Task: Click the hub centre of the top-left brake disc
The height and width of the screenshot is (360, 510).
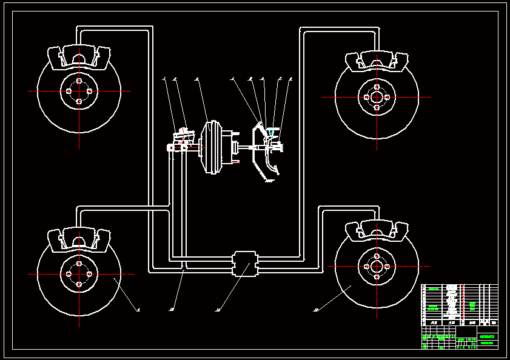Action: point(79,91)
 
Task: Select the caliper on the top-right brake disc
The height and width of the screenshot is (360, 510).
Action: point(376,61)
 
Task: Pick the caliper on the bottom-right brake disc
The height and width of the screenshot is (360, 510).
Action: point(376,230)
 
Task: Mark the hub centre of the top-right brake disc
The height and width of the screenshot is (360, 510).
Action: point(377,97)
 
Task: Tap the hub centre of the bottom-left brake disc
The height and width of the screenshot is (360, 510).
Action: point(79,274)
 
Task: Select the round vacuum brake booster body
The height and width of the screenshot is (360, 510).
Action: point(210,148)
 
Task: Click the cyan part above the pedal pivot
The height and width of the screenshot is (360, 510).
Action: point(271,131)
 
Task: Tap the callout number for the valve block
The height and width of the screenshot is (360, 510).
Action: point(217,310)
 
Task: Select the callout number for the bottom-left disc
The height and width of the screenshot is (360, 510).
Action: point(138,310)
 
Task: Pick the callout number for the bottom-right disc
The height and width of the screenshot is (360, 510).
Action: point(316,310)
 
